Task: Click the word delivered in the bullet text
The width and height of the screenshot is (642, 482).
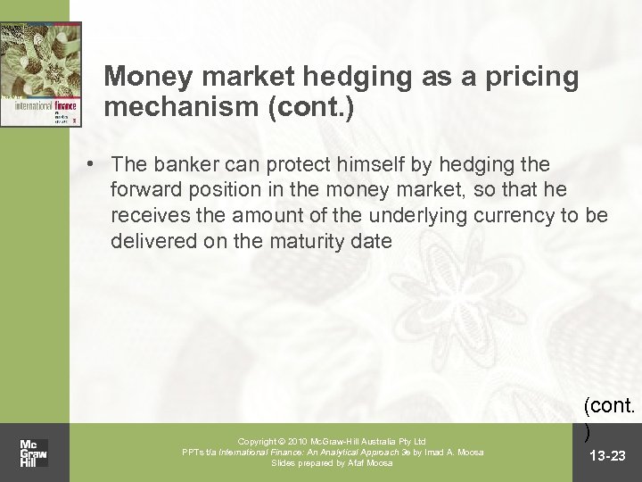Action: click(x=147, y=242)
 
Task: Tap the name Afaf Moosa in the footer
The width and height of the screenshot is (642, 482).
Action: click(x=374, y=462)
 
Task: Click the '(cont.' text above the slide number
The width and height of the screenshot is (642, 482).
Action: click(x=611, y=406)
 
